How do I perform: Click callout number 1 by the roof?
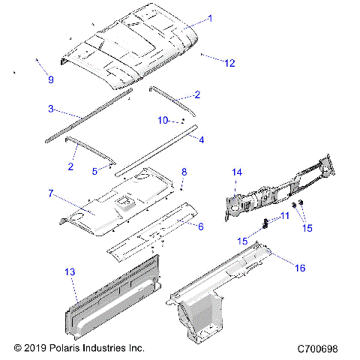click(x=209, y=19)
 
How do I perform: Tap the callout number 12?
click(x=229, y=63)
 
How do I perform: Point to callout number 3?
click(x=51, y=109)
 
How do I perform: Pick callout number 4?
click(x=201, y=139)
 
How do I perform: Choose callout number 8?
click(x=184, y=172)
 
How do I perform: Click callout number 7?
click(x=50, y=193)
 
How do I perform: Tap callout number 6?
click(x=200, y=225)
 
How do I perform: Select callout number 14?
click(x=236, y=172)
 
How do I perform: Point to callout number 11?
click(x=284, y=216)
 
